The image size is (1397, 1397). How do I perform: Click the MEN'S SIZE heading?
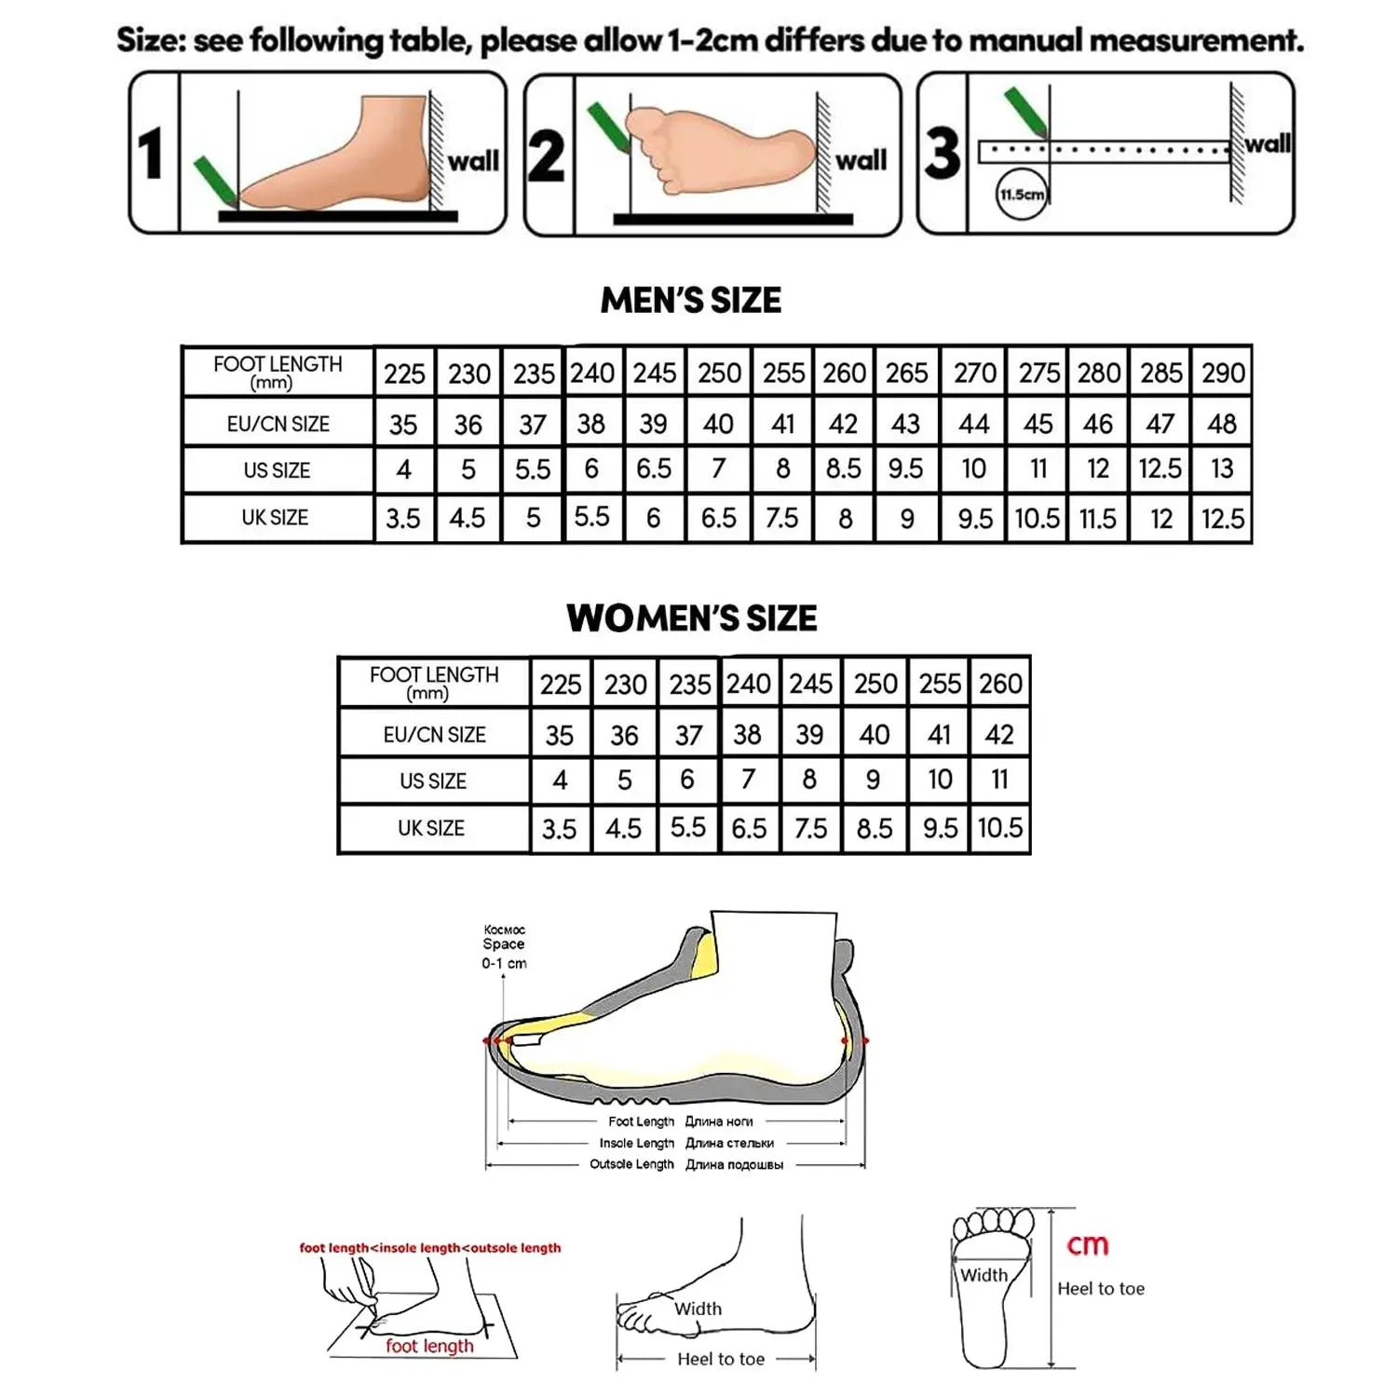(691, 300)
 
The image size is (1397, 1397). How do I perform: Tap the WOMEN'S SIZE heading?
(691, 618)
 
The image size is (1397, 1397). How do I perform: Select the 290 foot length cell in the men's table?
(1223, 373)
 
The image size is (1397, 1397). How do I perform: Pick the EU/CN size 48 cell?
(1222, 424)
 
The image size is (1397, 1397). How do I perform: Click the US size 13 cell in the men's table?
(1222, 468)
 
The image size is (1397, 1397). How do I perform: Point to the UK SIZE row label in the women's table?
(431, 828)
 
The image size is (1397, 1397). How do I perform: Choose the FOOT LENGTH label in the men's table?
(278, 371)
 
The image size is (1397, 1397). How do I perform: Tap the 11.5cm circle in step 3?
(1022, 195)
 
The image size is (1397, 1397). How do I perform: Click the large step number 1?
(151, 154)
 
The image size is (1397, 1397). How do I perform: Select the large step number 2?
(547, 156)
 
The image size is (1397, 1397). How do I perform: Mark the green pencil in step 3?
(1026, 113)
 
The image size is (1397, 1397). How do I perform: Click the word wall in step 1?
(473, 161)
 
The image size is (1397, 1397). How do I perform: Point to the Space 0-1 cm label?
(504, 947)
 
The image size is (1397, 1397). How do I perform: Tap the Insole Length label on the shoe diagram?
(637, 1143)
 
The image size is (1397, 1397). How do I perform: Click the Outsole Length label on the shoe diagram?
(631, 1164)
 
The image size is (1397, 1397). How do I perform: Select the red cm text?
(1087, 1245)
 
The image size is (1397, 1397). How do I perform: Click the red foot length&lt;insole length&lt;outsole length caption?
(430, 1248)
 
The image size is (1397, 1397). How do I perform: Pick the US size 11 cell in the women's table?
(999, 780)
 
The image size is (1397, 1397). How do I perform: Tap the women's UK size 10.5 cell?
(999, 828)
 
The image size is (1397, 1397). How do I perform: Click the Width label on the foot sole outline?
(983, 1275)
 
